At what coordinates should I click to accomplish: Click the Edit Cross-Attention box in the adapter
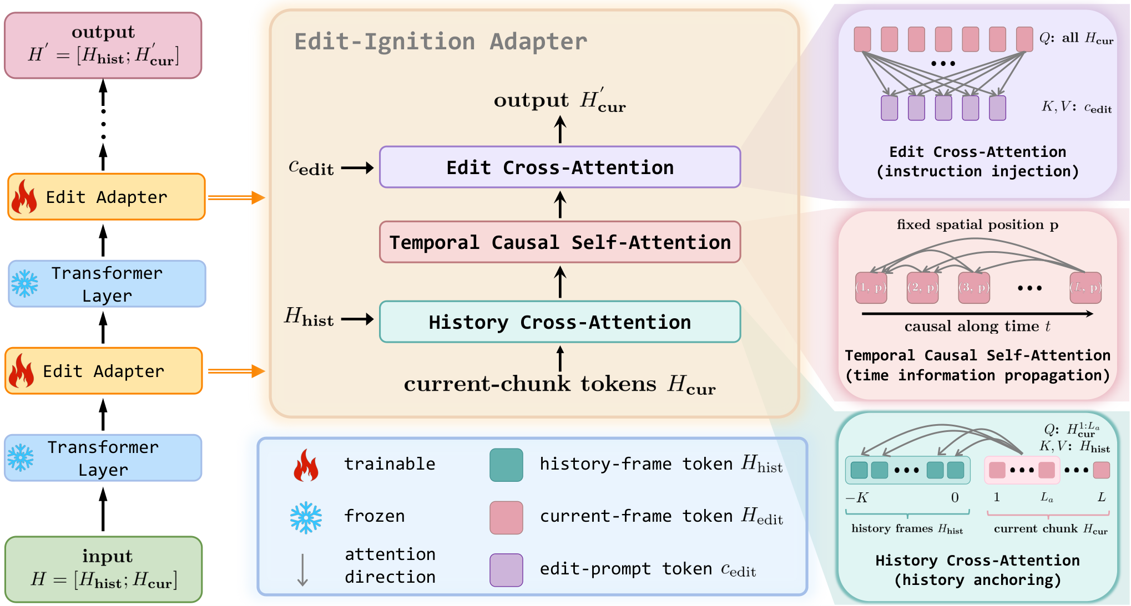click(560, 167)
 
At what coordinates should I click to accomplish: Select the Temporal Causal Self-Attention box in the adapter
click(560, 242)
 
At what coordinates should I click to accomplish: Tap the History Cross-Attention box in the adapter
click(560, 322)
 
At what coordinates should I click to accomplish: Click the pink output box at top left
click(103, 45)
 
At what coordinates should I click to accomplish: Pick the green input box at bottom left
click(103, 569)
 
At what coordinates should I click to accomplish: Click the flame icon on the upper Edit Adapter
click(24, 196)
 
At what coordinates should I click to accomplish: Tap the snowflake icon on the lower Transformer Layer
click(21, 457)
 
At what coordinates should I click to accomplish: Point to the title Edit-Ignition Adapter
click(441, 42)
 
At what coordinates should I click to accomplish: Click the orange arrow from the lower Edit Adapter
click(236, 371)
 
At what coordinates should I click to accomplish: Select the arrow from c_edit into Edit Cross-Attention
click(357, 167)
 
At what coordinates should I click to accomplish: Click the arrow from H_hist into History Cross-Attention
click(357, 319)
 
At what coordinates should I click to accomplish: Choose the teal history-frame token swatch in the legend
click(506, 465)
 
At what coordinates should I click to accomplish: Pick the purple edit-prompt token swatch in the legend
click(506, 570)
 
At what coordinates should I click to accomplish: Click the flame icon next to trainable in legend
click(306, 465)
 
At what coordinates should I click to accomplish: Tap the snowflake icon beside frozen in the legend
click(306, 518)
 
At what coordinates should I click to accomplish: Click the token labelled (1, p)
click(871, 288)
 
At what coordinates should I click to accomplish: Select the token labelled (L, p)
click(1085, 288)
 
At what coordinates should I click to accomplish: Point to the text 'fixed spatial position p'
click(977, 225)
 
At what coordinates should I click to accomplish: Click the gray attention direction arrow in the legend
click(302, 569)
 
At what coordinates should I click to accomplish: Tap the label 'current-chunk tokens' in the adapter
click(530, 384)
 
